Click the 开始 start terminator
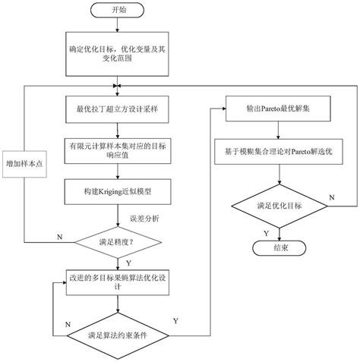(x=117, y=11)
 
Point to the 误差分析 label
(x=145, y=219)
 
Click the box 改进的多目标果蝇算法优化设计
(x=117, y=282)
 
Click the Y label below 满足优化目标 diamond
(x=265, y=232)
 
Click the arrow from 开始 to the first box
(x=117, y=29)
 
